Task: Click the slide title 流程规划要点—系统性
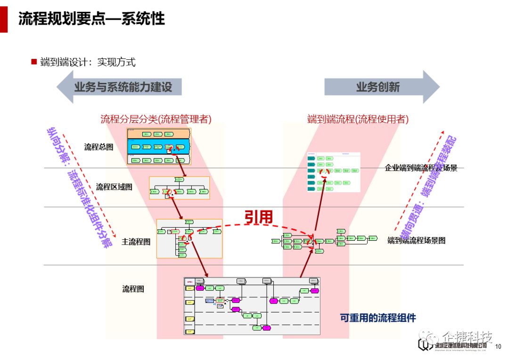click(x=91, y=18)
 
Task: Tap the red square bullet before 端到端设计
click(x=34, y=62)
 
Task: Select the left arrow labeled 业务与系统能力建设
click(x=119, y=87)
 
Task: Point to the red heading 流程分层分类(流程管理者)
click(x=156, y=119)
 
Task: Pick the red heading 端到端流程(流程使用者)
click(x=358, y=119)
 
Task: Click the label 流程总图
click(x=99, y=147)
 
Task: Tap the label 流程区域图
click(x=114, y=187)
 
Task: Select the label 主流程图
click(x=136, y=242)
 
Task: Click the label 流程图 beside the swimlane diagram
click(x=133, y=289)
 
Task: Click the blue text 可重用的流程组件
click(x=378, y=318)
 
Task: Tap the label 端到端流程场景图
click(x=416, y=240)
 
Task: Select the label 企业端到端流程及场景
click(x=421, y=168)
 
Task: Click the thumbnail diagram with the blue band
click(x=159, y=146)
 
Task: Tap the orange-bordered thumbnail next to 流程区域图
click(x=179, y=188)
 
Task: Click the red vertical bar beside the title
click(x=4, y=16)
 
